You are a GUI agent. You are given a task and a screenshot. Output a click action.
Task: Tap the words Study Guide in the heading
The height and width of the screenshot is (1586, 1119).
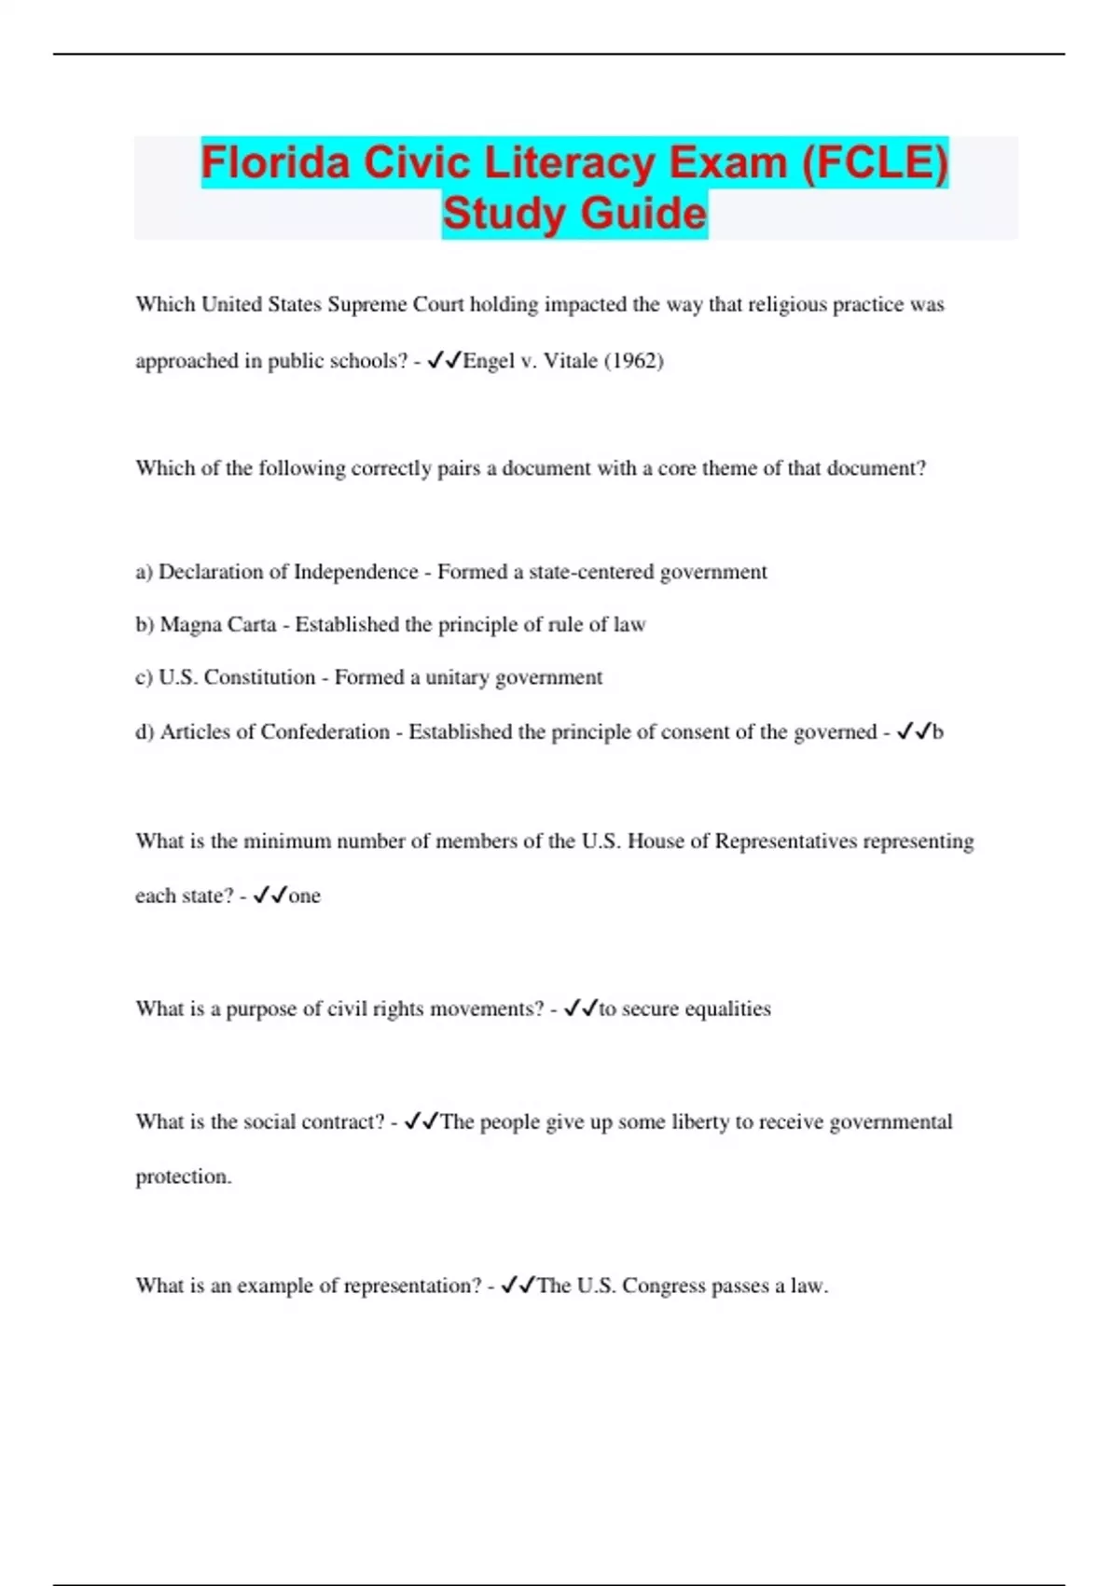[574, 214]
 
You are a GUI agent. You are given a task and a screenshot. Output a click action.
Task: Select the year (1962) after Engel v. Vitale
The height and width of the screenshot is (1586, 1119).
[634, 361]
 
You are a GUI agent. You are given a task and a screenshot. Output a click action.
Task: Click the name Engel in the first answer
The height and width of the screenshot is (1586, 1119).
[489, 361]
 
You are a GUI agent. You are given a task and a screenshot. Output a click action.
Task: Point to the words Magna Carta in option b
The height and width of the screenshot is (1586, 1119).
[218, 624]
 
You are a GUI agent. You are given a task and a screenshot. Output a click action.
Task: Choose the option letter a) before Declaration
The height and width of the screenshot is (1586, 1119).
[145, 572]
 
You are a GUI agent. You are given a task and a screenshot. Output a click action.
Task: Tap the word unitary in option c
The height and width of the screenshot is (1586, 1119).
[457, 677]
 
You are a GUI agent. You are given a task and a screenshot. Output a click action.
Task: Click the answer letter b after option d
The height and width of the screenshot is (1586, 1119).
[938, 732]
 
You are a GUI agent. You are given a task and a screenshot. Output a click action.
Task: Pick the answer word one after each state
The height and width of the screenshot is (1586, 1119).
[305, 896]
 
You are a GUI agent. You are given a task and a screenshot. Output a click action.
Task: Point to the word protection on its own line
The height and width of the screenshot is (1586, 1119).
[183, 1176]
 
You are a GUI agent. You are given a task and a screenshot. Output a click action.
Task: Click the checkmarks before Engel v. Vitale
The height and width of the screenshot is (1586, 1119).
[445, 361]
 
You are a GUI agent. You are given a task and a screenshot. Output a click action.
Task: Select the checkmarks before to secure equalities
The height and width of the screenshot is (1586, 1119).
[581, 1009]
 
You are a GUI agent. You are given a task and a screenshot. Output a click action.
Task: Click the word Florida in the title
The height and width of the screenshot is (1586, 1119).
[276, 163]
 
